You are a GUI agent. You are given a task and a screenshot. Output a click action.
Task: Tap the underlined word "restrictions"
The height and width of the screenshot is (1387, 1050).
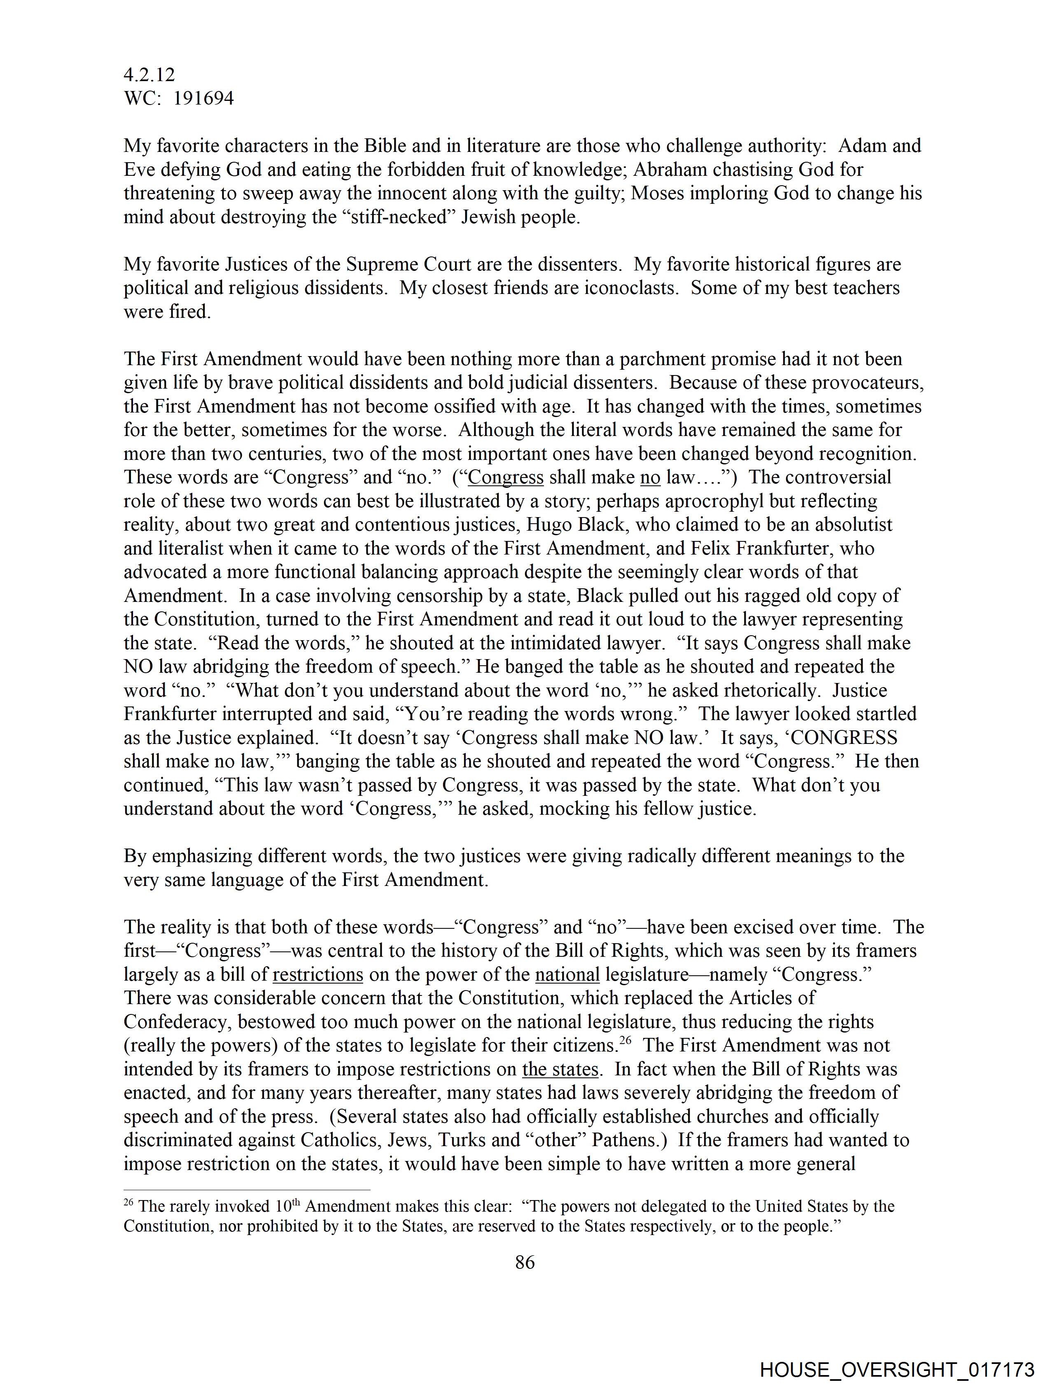point(318,974)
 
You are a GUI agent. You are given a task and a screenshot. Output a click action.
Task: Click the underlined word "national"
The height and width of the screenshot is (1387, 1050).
point(567,974)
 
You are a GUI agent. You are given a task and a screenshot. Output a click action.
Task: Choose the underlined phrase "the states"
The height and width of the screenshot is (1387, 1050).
point(560,1069)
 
